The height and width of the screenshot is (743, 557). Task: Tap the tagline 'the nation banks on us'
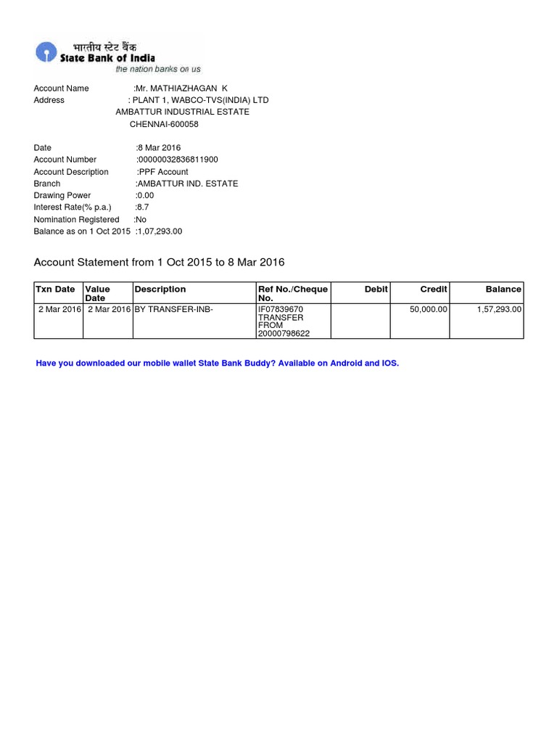(x=158, y=69)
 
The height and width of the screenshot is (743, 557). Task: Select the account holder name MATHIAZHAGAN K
(x=182, y=89)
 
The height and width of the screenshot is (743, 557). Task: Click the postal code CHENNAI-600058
(x=164, y=124)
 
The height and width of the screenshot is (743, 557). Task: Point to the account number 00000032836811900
(x=178, y=160)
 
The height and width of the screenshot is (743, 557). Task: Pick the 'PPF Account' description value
(x=164, y=172)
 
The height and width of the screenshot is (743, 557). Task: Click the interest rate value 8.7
(x=144, y=208)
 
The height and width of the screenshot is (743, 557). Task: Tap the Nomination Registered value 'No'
(x=141, y=219)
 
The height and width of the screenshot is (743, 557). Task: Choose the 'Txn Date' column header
(x=55, y=289)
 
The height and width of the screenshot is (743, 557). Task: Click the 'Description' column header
(x=160, y=289)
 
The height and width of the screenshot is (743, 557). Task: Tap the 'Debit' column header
(x=376, y=289)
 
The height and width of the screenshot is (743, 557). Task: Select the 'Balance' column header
(x=503, y=289)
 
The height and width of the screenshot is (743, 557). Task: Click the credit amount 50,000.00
(x=429, y=309)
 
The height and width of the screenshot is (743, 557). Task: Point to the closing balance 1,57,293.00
(x=499, y=309)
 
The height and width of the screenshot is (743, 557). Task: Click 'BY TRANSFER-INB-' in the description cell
(x=174, y=309)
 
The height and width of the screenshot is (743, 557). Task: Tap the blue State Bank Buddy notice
(x=218, y=363)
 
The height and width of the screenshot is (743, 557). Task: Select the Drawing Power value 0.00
(x=145, y=195)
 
